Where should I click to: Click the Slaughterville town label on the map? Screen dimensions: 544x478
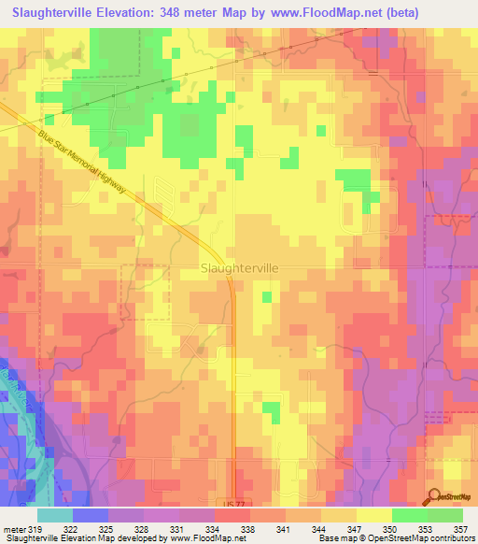click(239, 267)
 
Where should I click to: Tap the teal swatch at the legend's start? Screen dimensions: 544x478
click(54, 515)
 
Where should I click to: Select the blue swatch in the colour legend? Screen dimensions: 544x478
click(90, 515)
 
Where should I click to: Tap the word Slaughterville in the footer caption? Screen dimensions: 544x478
click(29, 539)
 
